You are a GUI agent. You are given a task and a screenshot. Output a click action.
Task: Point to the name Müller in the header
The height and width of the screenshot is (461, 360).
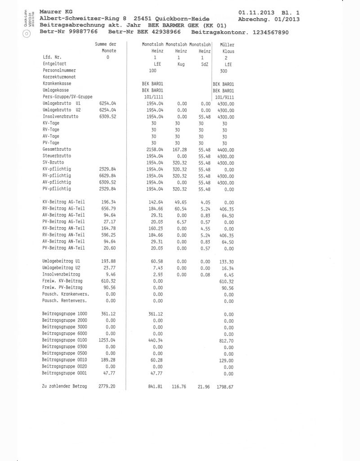(x=227, y=45)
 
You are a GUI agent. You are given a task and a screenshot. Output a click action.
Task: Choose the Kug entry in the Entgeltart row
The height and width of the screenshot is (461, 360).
(x=178, y=64)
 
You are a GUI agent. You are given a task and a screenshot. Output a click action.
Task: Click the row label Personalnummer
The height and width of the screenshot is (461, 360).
(x=59, y=71)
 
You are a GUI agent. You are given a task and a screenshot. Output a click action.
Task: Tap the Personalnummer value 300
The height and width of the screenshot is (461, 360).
(x=224, y=71)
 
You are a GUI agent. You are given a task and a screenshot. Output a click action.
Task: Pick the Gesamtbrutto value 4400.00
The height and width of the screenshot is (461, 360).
(x=225, y=149)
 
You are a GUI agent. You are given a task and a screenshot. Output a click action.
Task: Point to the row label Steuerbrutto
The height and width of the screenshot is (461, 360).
(x=57, y=156)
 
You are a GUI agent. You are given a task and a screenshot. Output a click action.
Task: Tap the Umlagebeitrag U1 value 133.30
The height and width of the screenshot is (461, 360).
(x=225, y=261)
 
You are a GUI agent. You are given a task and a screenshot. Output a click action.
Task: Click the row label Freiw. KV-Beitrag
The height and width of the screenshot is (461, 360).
(x=62, y=281)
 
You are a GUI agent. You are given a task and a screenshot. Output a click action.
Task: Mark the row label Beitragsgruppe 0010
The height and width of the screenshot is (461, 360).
(x=64, y=360)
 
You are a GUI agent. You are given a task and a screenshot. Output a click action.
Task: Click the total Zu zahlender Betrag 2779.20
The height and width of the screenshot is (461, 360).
(x=107, y=387)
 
